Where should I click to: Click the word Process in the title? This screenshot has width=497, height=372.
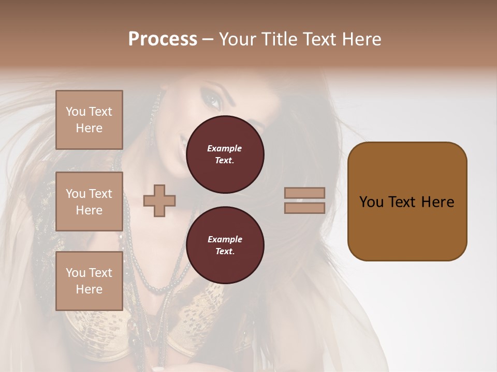click(163, 39)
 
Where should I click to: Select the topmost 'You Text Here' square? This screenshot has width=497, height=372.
click(89, 120)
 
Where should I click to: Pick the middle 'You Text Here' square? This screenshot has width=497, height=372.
click(89, 202)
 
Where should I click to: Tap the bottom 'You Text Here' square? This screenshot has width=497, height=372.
click(89, 281)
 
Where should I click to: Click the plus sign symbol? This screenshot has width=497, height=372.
click(159, 200)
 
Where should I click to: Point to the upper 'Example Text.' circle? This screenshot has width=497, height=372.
click(225, 154)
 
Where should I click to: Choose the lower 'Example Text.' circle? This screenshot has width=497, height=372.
click(225, 245)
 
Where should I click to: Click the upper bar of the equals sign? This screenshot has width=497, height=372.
click(305, 193)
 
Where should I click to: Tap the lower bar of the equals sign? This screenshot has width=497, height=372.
click(305, 208)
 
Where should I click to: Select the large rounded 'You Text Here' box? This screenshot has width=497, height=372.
click(407, 202)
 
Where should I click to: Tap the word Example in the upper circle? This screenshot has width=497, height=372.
click(225, 149)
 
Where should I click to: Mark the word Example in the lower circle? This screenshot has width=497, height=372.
click(225, 239)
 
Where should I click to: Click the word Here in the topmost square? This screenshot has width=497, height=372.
click(89, 128)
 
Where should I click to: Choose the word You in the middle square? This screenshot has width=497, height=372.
click(76, 194)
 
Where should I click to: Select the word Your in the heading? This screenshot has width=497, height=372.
click(238, 39)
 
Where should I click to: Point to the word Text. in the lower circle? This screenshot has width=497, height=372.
click(225, 252)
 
